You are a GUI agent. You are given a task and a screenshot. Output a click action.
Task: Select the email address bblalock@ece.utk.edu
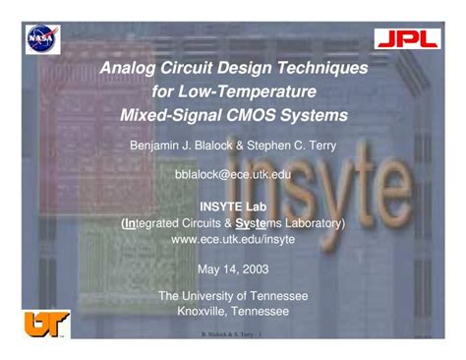click(233, 173)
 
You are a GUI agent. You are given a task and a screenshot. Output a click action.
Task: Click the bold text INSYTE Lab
click(233, 209)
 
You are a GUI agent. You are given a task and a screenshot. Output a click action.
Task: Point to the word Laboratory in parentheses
click(308, 223)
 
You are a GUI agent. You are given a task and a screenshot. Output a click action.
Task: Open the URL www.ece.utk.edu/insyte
click(233, 238)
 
